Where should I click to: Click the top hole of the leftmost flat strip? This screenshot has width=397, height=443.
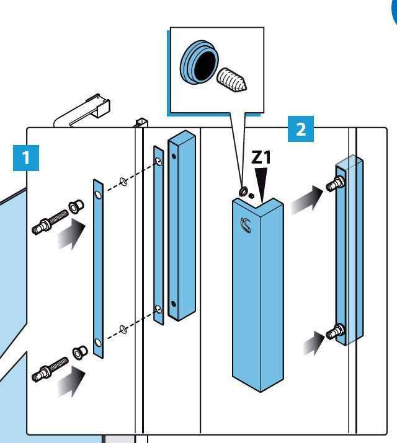(x=97, y=195)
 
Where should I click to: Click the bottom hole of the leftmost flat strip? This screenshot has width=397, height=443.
(x=97, y=343)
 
